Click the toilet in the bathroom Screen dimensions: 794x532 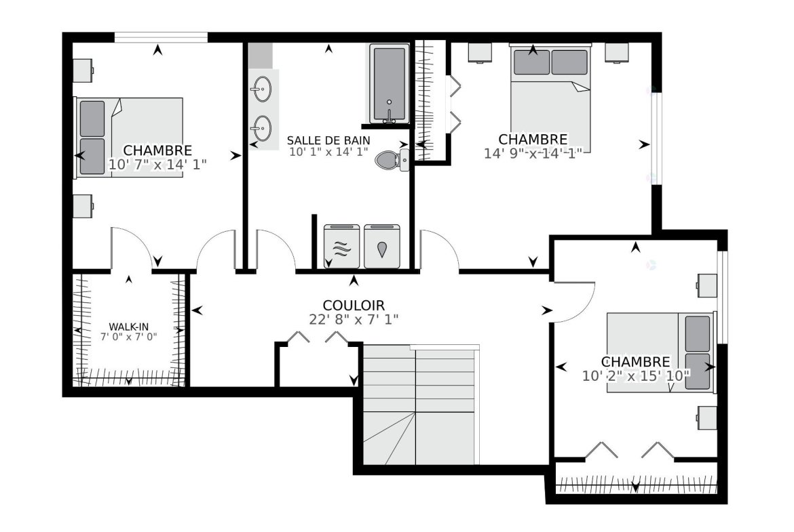[x=392, y=160]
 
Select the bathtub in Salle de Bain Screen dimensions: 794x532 [x=389, y=84]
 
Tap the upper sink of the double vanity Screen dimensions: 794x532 [x=262, y=89]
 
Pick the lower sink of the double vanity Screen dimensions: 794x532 [x=262, y=128]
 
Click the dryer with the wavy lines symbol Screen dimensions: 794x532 [x=342, y=247]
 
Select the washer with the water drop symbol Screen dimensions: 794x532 [x=382, y=247]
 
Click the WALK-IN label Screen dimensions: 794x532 [x=129, y=327]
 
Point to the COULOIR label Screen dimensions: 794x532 [x=354, y=306]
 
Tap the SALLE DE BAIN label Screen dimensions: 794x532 [x=328, y=140]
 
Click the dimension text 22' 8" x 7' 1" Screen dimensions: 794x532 [x=354, y=320]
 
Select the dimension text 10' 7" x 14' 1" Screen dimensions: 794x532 [x=157, y=165]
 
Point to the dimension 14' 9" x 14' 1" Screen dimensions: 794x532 [x=533, y=153]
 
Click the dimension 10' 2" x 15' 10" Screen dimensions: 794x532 [x=636, y=375]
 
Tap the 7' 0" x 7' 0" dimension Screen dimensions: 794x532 [x=129, y=337]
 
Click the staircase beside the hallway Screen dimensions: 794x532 [x=420, y=405]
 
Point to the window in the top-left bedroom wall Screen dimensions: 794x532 [x=161, y=37]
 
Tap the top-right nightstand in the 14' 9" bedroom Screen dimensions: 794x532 [x=617, y=53]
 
